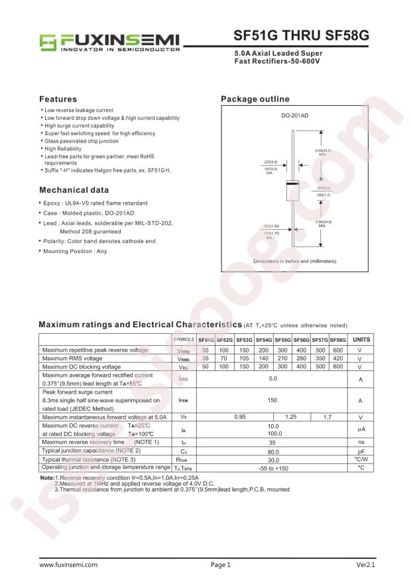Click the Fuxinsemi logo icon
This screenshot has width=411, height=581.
point(49,42)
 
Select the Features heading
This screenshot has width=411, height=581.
point(58,99)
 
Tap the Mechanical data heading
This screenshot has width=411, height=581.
point(74,190)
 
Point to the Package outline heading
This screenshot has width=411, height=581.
point(255,99)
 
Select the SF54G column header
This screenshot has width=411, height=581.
point(263,339)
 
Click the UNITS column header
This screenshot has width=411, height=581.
point(361,339)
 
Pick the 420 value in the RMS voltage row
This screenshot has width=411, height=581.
point(338,358)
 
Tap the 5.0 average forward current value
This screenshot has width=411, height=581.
point(272,379)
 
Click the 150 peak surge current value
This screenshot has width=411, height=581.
point(272,401)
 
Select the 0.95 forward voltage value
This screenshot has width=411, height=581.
point(239,417)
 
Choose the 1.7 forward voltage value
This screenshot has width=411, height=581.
point(327,417)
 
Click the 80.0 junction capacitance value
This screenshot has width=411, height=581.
point(272,450)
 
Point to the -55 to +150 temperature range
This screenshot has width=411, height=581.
point(272,468)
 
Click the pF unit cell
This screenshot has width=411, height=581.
point(361,450)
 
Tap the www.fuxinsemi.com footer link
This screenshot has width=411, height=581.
point(68,565)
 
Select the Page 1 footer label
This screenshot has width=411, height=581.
point(221,565)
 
